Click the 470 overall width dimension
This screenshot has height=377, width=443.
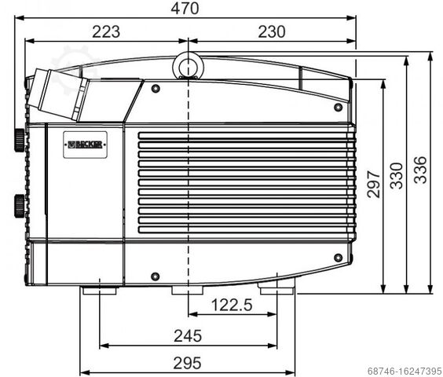coord(185,8)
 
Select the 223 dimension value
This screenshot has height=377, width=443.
coord(106,31)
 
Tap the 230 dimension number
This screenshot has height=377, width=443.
coord(272,31)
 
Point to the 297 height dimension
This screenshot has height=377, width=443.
coord(373,184)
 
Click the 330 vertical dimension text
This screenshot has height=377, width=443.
coord(396,175)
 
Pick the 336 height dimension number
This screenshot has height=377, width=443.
coord(420,170)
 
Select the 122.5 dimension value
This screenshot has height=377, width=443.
coord(232,306)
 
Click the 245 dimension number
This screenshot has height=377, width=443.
coord(188,335)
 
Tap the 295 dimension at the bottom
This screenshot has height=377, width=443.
coord(187,363)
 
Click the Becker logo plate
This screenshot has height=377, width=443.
coord(85,145)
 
